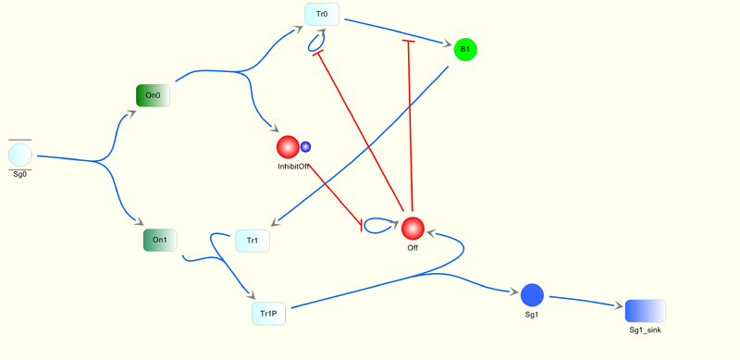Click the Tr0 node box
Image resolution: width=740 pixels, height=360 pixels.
322,14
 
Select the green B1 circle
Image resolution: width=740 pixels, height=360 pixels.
465,49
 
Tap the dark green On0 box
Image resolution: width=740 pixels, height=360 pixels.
153,94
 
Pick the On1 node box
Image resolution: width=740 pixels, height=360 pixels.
159,241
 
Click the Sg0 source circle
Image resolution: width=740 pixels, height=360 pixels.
19,155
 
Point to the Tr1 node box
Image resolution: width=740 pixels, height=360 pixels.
252,241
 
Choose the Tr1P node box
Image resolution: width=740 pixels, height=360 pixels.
268,314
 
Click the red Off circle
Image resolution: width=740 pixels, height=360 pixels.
413,229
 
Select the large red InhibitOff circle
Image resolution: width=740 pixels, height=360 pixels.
289,147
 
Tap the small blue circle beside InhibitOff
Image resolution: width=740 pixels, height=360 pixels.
305,146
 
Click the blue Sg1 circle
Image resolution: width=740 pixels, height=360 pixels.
532,295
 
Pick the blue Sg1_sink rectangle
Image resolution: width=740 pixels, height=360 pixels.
645,311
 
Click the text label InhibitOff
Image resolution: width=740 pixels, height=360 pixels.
293,167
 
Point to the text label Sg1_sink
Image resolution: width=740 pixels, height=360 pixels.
645,329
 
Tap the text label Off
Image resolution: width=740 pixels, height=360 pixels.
413,248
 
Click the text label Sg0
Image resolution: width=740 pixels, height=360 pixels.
19,175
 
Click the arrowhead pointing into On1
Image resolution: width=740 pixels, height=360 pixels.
138,222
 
